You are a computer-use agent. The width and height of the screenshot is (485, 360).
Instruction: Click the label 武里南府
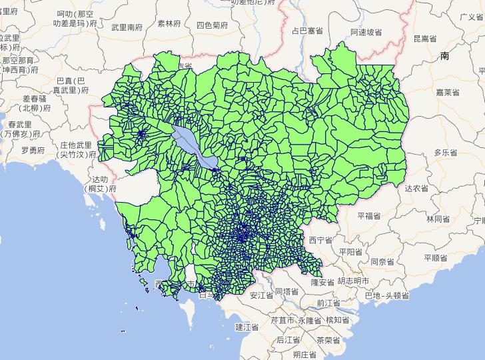(127, 27)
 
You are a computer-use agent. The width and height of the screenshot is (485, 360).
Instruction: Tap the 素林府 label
(169, 23)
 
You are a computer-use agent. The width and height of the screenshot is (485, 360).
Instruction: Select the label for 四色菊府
(213, 25)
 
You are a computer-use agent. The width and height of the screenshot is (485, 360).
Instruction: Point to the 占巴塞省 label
(307, 31)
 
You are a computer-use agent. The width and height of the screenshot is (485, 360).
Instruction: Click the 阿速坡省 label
(366, 32)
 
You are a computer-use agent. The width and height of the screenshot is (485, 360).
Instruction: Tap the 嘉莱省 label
(447, 92)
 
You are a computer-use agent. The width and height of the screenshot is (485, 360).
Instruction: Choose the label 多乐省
(446, 153)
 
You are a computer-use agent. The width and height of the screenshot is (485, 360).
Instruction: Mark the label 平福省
(368, 216)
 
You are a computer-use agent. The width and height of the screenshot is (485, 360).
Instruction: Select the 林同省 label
(438, 219)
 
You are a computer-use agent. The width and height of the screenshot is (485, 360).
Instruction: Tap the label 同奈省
(384, 262)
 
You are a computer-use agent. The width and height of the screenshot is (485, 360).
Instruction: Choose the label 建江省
(246, 327)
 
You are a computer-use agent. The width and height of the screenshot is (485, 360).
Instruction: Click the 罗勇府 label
(33, 151)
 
